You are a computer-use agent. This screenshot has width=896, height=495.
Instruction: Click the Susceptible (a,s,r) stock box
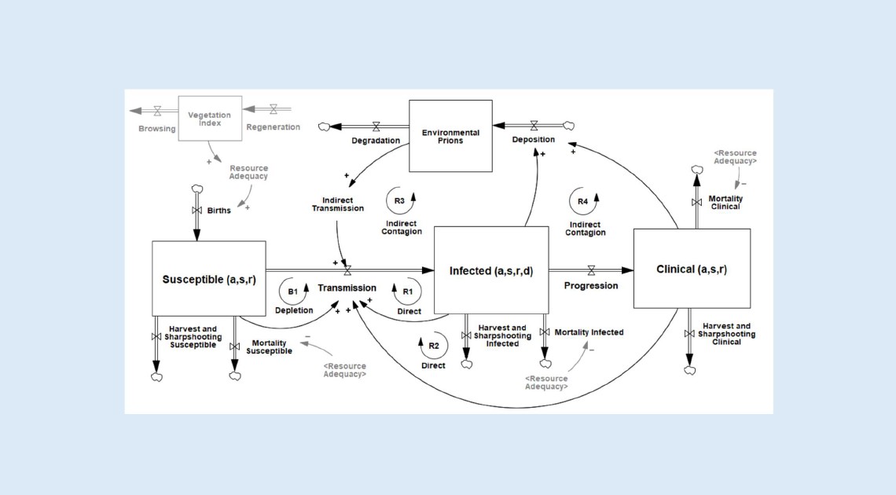208,279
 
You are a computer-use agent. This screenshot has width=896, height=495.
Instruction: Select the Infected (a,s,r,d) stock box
491,270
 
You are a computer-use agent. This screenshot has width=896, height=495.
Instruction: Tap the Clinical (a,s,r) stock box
692,269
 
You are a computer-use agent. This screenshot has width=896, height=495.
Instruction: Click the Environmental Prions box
450,136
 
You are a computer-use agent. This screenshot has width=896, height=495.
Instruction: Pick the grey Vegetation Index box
209,119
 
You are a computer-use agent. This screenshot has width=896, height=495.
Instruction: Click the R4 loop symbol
583,202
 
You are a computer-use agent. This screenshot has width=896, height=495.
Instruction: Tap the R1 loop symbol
408,291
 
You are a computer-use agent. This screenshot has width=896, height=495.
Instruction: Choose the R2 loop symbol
432,345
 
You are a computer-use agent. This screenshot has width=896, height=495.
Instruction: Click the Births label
219,211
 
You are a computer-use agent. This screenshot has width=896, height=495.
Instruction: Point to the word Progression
591,286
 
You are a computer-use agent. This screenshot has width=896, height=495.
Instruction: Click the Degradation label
375,141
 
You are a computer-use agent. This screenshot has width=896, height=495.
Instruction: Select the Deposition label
534,140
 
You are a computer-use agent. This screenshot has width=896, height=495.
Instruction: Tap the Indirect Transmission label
338,203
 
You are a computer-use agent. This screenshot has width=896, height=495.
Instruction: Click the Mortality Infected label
589,332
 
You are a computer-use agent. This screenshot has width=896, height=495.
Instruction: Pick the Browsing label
157,128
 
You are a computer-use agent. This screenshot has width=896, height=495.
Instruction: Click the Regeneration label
274,127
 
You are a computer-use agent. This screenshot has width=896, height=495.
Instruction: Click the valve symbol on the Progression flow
591,269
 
